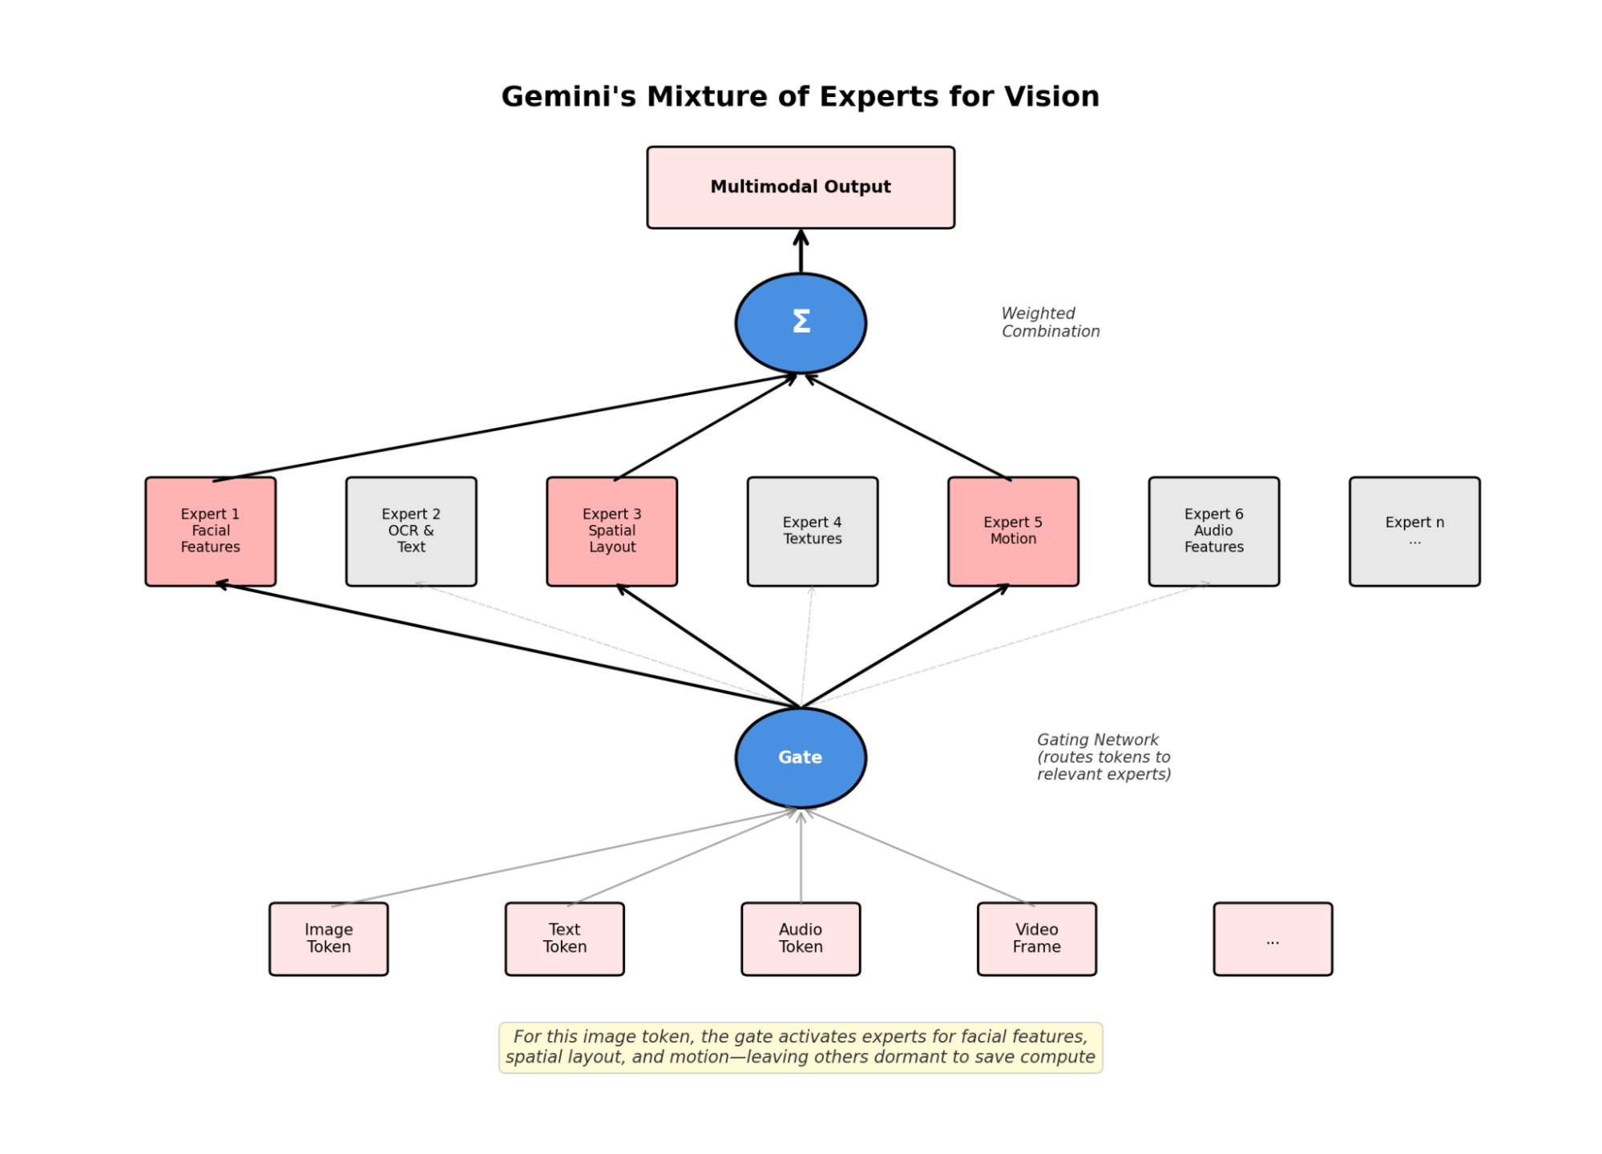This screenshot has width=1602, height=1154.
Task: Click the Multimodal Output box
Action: (800, 187)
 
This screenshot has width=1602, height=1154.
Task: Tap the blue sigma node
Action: (800, 322)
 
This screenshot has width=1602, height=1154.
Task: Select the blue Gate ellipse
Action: (800, 757)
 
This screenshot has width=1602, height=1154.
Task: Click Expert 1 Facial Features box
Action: (210, 531)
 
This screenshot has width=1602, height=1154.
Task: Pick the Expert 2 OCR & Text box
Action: (410, 531)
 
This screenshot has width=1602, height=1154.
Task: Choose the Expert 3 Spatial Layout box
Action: (611, 531)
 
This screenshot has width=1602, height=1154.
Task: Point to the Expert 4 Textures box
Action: (812, 531)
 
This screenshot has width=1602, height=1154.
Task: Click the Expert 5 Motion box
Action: (1013, 531)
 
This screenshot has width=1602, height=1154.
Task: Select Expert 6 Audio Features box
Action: (1213, 531)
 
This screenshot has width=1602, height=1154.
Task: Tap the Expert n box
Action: (1414, 531)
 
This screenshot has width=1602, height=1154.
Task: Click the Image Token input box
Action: (328, 938)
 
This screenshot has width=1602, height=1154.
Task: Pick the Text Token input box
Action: (564, 938)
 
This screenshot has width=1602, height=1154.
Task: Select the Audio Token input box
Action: (800, 938)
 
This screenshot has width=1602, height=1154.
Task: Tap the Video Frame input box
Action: (1036, 938)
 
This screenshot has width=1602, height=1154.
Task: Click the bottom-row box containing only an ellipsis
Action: (1272, 938)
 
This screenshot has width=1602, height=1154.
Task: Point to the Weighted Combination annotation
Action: (1049, 322)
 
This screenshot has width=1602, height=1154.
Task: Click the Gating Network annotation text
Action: (1103, 757)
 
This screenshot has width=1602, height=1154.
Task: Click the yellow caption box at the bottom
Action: (800, 1046)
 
